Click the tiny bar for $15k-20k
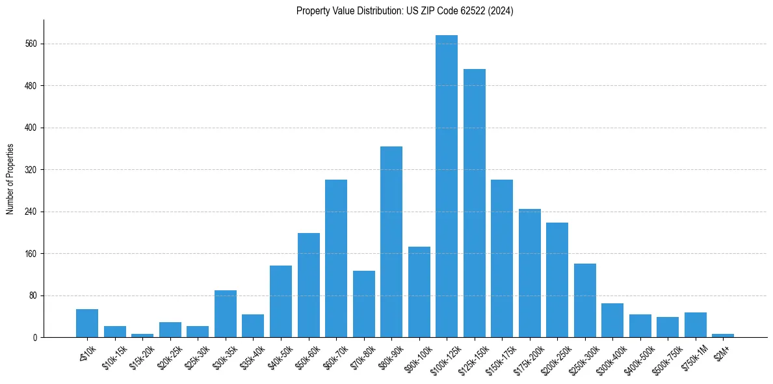142,335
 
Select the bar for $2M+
723,335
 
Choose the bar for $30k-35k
226,314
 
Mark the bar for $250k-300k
585,301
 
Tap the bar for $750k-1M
696,325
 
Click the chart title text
405,11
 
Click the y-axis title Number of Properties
10,179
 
